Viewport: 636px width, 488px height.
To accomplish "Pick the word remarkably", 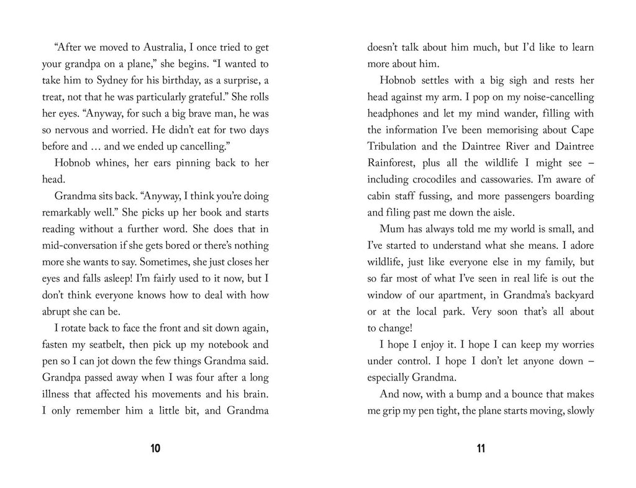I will [x=70, y=212].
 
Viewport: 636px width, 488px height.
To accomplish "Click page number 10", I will [x=155, y=449].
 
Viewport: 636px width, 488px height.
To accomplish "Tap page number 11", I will [x=481, y=449].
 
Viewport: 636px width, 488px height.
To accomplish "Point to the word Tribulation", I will [x=397, y=147].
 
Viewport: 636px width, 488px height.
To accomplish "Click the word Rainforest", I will [x=393, y=163].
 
